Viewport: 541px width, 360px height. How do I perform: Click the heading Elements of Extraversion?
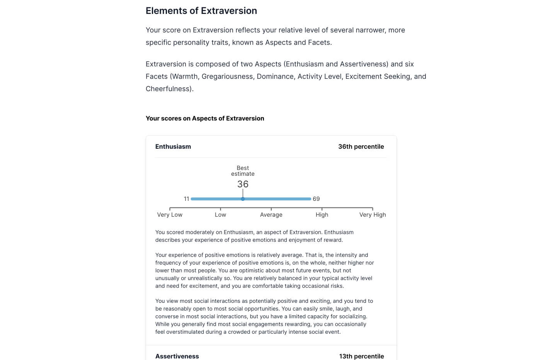click(201, 11)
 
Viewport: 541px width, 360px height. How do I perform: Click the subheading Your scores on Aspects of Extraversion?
click(205, 118)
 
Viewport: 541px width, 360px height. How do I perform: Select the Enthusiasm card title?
click(173, 146)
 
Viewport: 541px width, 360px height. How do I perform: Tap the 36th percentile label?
click(361, 146)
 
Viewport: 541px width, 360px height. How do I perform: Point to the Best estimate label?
click(243, 171)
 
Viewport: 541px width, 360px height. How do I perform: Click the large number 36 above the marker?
click(243, 184)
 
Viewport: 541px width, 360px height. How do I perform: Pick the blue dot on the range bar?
click(243, 199)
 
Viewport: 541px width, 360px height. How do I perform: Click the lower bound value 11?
click(186, 199)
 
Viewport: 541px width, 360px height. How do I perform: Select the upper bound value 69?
click(316, 199)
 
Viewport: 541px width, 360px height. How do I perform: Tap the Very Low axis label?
click(170, 215)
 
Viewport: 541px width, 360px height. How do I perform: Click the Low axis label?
click(220, 215)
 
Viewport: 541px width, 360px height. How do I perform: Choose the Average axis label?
click(271, 215)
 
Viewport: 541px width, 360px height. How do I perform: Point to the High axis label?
click(322, 215)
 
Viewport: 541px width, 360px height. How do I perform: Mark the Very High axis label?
click(373, 215)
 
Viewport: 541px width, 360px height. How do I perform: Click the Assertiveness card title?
click(177, 356)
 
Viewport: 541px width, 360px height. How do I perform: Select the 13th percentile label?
click(361, 356)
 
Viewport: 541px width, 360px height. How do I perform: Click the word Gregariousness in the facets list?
click(227, 76)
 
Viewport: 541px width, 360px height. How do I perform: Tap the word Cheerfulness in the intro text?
click(169, 89)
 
